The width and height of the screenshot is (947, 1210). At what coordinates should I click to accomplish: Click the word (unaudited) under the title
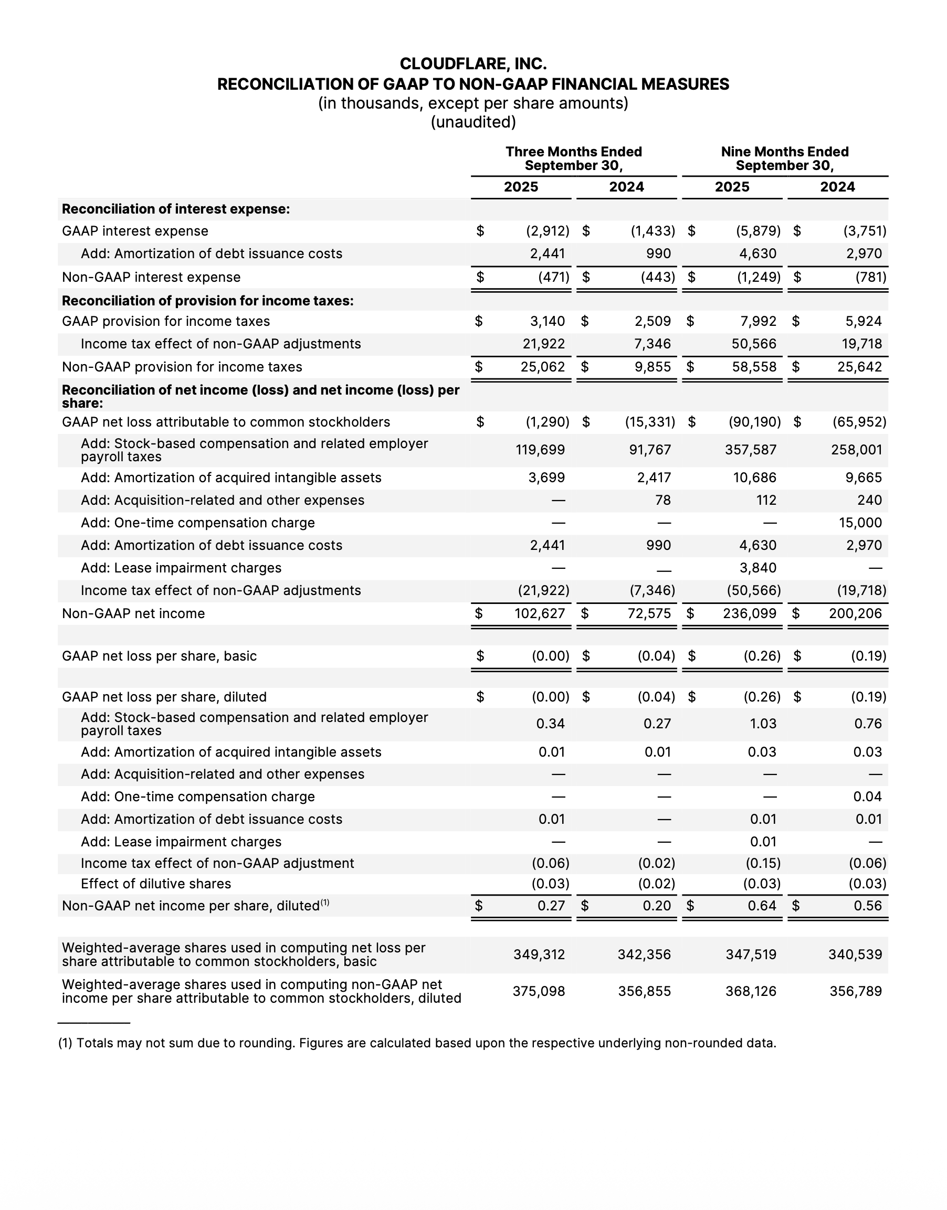pyautogui.click(x=473, y=122)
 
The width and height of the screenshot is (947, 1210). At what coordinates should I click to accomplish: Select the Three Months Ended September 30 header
pyautogui.click(x=573, y=158)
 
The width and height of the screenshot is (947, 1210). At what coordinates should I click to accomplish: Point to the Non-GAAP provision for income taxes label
pyautogui.click(x=182, y=367)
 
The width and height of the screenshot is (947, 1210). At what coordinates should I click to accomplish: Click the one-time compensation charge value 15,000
pyautogui.click(x=860, y=523)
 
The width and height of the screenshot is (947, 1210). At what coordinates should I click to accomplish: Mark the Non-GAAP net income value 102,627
pyautogui.click(x=540, y=613)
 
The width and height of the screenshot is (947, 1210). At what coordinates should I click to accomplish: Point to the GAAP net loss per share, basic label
pyautogui.click(x=159, y=656)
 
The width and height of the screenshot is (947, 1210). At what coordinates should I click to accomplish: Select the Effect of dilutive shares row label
pyautogui.click(x=156, y=884)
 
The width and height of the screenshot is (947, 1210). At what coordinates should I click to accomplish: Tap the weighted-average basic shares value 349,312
pyautogui.click(x=539, y=954)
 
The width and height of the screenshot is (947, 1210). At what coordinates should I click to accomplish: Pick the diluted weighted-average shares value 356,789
pyautogui.click(x=856, y=991)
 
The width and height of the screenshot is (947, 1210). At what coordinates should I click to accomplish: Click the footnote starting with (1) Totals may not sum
pyautogui.click(x=417, y=1043)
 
